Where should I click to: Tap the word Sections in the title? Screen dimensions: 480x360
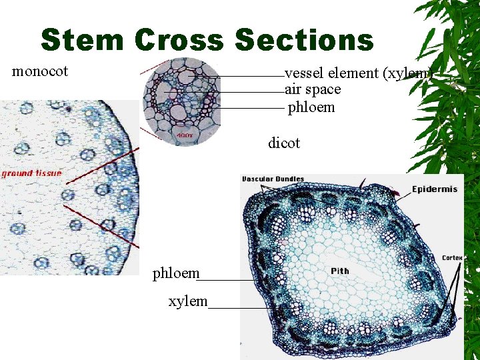(x=304, y=40)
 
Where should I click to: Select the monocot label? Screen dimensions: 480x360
(x=40, y=71)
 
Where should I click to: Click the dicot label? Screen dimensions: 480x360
(x=284, y=143)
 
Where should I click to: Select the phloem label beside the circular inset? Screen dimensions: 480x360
(x=311, y=107)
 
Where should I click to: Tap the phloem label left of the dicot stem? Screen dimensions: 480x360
(x=176, y=273)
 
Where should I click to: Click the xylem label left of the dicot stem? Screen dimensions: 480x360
(x=188, y=301)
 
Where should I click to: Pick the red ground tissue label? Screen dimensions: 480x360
(x=31, y=173)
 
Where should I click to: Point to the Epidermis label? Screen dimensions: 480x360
(x=435, y=189)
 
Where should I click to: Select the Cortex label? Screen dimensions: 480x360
(x=453, y=257)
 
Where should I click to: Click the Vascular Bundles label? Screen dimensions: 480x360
(x=273, y=179)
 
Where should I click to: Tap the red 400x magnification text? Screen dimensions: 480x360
(x=185, y=135)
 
